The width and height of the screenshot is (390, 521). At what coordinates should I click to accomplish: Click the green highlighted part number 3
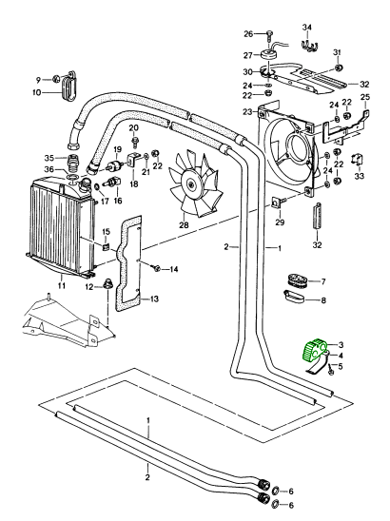pyautogui.click(x=315, y=352)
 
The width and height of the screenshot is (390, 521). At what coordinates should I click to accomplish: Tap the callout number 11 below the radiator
pyautogui.click(x=61, y=285)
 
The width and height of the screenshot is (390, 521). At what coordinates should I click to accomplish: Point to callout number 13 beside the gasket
pyautogui.click(x=154, y=299)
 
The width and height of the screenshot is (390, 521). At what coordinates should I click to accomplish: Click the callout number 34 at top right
pyautogui.click(x=307, y=27)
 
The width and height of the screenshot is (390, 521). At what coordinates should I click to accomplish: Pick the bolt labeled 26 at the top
pyautogui.click(x=269, y=37)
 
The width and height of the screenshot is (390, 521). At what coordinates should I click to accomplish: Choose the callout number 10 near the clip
pyautogui.click(x=36, y=92)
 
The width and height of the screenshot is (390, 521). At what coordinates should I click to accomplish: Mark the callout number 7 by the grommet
pyautogui.click(x=322, y=281)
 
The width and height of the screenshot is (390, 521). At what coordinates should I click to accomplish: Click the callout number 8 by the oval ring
pyautogui.click(x=322, y=300)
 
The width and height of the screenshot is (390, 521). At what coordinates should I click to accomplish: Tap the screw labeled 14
pyautogui.click(x=156, y=267)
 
